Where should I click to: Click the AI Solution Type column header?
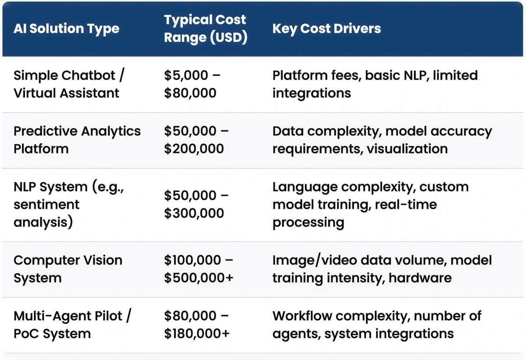pos(66,29)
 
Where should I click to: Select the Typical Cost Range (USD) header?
pos(205,29)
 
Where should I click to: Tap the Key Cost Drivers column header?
pos(327,29)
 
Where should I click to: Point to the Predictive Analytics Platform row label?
pos(77,140)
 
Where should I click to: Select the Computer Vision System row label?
pos(68,269)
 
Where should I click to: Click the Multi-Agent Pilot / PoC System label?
pos(72,325)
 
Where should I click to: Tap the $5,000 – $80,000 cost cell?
pos(192,84)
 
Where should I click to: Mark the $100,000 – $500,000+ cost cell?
pos(199,269)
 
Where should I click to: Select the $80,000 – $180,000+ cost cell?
pos(197,325)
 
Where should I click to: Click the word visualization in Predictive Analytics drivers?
pos(407,149)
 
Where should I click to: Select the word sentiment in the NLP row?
pos(46,205)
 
